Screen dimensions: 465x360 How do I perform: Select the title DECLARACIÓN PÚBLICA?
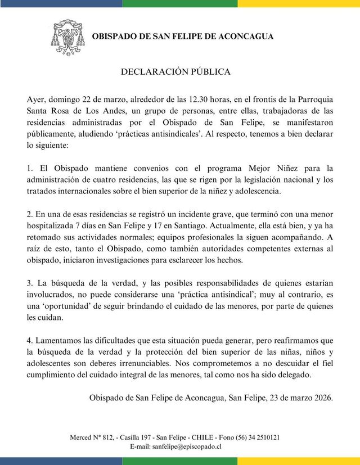pos(176,72)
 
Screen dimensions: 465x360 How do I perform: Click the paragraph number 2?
pos(30,214)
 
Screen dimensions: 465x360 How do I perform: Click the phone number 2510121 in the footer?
pos(266,437)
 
